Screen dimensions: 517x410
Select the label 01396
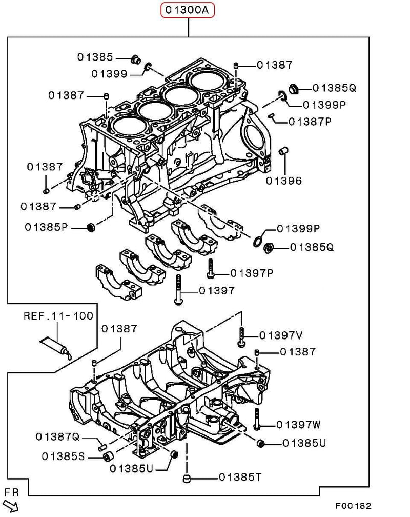click(x=283, y=181)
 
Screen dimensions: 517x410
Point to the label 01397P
click(x=252, y=273)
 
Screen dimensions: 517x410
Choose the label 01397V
click(x=281, y=335)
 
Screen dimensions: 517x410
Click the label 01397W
click(x=298, y=425)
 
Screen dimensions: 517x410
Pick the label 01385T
click(x=240, y=478)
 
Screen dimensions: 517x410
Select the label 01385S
click(x=63, y=455)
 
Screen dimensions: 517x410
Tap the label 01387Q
click(x=57, y=436)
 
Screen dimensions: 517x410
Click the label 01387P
click(x=310, y=122)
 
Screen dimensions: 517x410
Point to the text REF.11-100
click(x=58, y=316)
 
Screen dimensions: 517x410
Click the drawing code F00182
click(x=354, y=506)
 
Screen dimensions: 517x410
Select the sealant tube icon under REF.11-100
click(x=56, y=347)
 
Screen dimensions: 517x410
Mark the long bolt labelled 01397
click(x=178, y=290)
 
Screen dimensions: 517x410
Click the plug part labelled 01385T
click(x=187, y=479)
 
